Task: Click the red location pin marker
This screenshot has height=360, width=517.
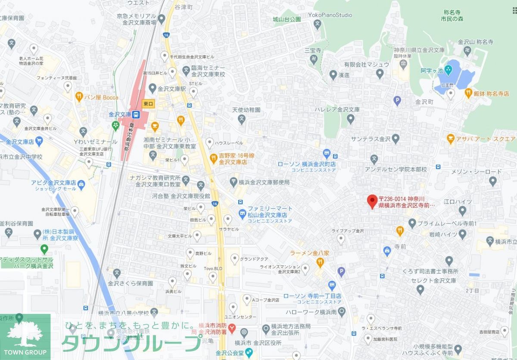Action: click(x=371, y=201)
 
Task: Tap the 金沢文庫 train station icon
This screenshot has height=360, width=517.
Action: click(x=136, y=115)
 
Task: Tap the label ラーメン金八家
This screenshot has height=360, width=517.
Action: click(x=309, y=253)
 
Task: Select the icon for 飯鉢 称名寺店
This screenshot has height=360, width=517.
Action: click(x=468, y=92)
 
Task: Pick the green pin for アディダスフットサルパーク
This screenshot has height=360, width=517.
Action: click(x=44, y=248)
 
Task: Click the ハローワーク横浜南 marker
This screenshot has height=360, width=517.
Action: click(x=342, y=311)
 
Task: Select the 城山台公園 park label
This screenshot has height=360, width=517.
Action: click(x=287, y=19)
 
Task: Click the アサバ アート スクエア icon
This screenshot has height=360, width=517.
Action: click(x=451, y=139)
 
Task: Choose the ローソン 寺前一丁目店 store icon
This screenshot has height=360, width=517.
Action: click(x=332, y=285)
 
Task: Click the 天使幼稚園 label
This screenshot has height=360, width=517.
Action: click(x=246, y=110)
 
